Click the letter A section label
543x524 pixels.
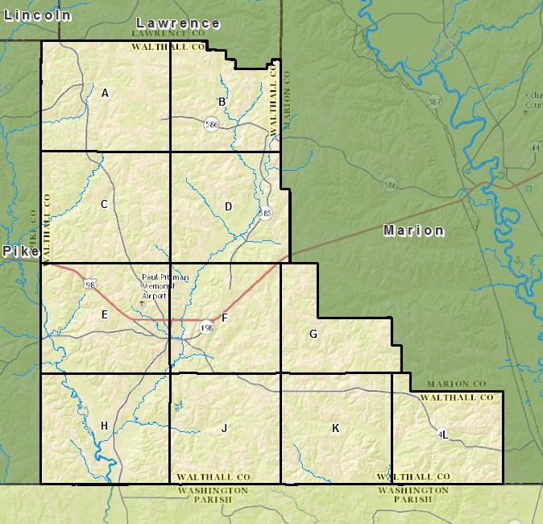[105, 94]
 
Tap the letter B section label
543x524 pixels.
[222, 102]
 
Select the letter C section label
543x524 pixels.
[104, 205]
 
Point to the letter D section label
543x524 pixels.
[228, 207]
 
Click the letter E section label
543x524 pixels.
[105, 315]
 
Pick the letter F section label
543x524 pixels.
[225, 318]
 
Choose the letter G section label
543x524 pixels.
[313, 335]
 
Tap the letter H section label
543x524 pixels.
[104, 426]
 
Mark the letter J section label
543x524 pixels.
[225, 428]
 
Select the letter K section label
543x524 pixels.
[335, 428]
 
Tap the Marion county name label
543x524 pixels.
[413, 231]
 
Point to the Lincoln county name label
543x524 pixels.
[37, 15]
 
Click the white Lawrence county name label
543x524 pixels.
[178, 23]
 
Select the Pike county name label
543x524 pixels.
[19, 252]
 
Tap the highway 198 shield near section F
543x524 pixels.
[207, 327]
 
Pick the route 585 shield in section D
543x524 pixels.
[266, 213]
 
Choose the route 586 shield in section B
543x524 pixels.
[212, 124]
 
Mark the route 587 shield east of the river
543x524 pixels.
[435, 102]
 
